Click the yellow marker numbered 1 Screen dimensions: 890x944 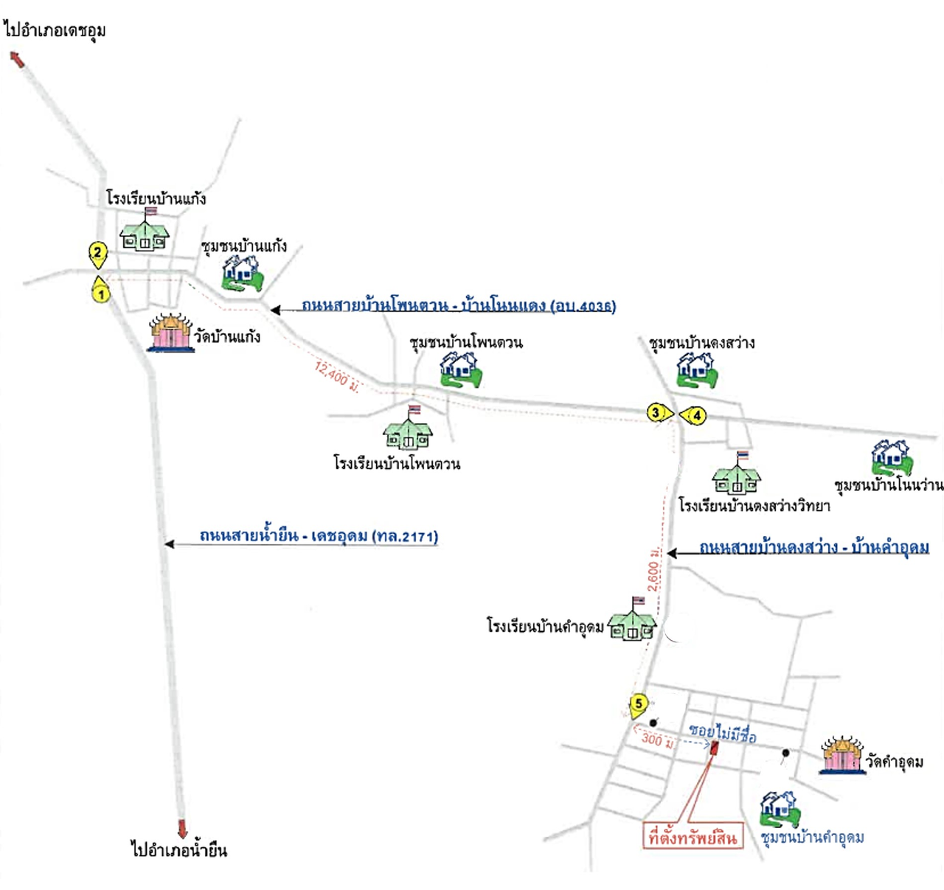click(100, 292)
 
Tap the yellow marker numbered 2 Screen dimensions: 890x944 click(97, 253)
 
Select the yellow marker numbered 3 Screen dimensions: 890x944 click(656, 412)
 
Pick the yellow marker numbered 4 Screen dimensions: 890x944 click(695, 416)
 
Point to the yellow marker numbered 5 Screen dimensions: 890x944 click(639, 704)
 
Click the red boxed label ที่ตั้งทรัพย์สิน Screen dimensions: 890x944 click(692, 837)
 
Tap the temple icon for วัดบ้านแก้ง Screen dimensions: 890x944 click(171, 333)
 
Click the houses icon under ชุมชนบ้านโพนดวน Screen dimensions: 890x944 click(461, 369)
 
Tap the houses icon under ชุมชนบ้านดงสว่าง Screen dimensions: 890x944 click(697, 369)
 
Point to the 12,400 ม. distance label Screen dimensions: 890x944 click(336, 377)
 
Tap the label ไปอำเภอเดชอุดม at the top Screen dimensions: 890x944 click(55, 30)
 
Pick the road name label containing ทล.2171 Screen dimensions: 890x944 click(319, 536)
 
